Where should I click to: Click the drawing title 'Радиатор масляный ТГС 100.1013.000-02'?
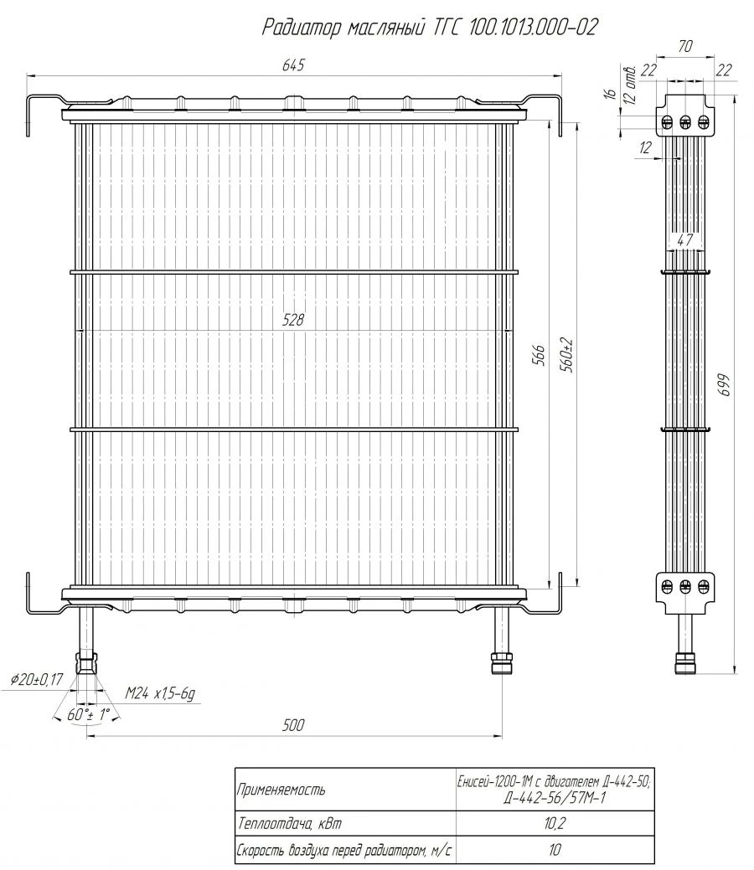pyautogui.click(x=429, y=28)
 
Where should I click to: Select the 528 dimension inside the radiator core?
pyautogui.click(x=292, y=319)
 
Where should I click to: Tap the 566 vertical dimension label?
pyautogui.click(x=540, y=356)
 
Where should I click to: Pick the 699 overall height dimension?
pyautogui.click(x=726, y=384)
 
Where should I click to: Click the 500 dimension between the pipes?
pyautogui.click(x=292, y=724)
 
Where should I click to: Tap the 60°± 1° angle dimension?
pyautogui.click(x=86, y=715)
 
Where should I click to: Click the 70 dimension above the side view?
pyautogui.click(x=685, y=48)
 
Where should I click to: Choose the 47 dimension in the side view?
pyautogui.click(x=684, y=239)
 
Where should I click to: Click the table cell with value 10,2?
pyautogui.click(x=555, y=824)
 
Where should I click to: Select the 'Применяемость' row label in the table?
pyautogui.click(x=281, y=789)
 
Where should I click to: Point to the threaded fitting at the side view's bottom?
pyautogui.click(x=684, y=662)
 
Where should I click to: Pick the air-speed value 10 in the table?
pyautogui.click(x=555, y=850)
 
